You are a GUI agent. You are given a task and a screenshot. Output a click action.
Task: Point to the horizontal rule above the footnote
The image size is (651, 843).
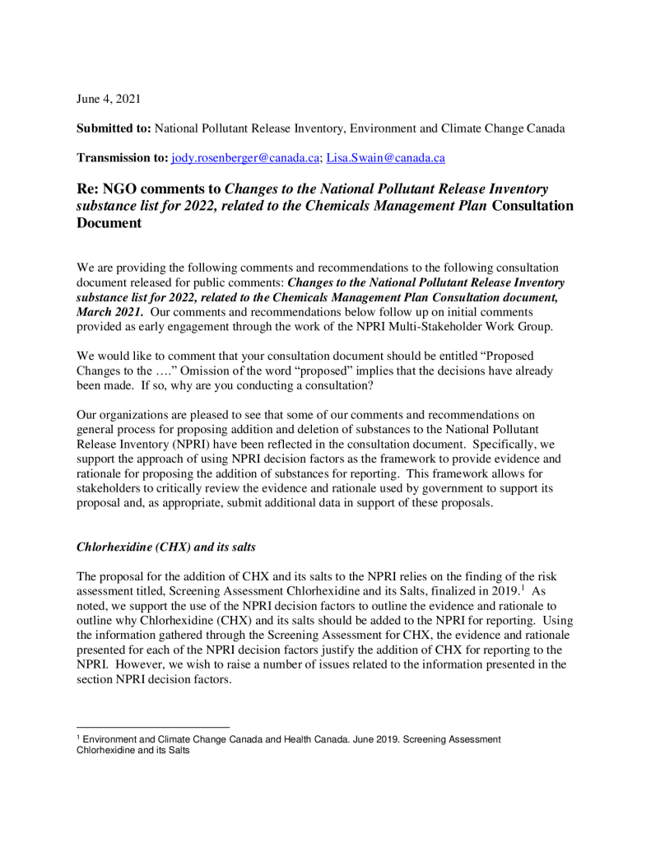[x=152, y=727]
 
